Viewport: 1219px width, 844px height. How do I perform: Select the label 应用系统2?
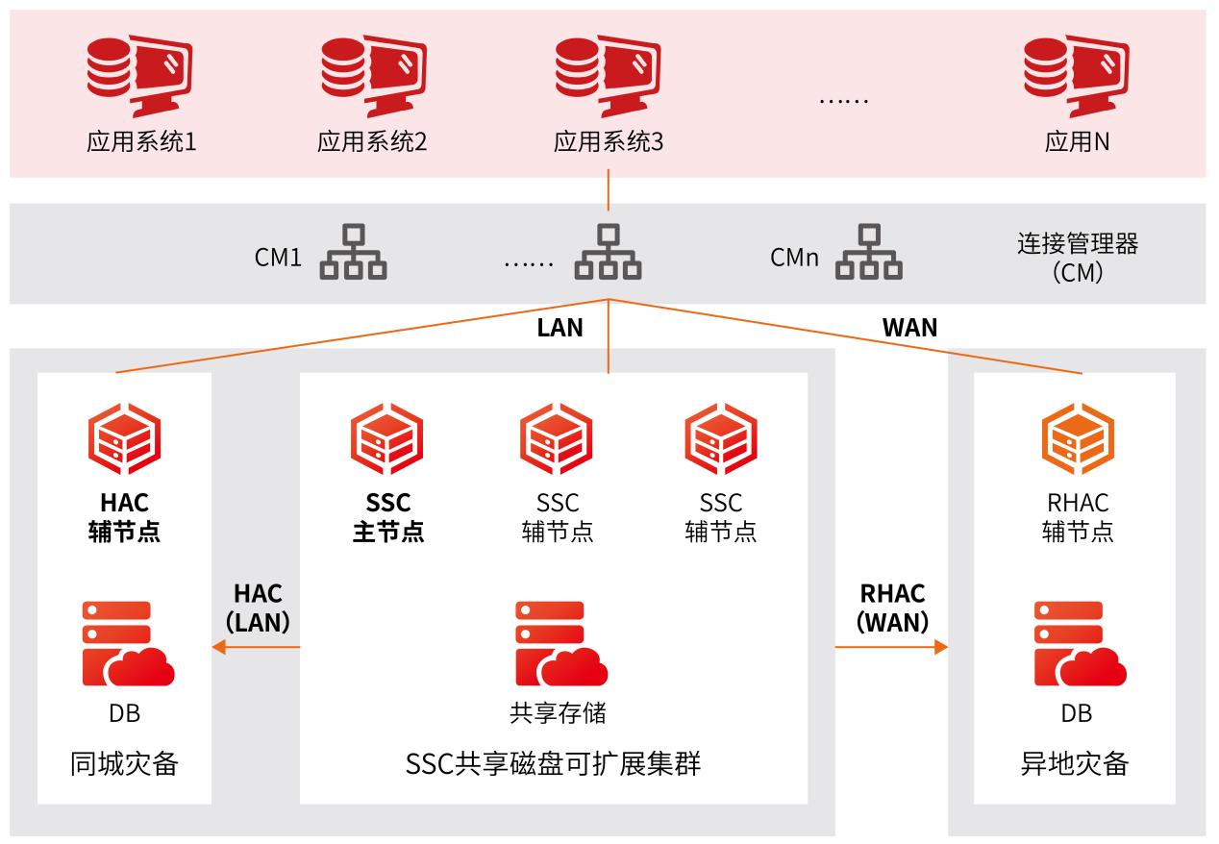tap(372, 143)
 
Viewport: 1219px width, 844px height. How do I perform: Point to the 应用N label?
tap(1077, 143)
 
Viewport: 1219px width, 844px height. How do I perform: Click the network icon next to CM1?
tap(353, 252)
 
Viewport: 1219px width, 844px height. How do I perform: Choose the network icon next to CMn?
tap(869, 252)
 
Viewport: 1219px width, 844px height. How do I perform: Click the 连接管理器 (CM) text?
tap(1077, 258)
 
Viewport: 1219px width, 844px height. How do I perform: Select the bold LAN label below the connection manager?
tap(560, 328)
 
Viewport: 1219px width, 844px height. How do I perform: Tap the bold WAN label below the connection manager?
tap(909, 328)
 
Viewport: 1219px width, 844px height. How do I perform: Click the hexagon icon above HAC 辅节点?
tap(124, 440)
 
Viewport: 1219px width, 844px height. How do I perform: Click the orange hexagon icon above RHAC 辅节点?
tap(1078, 440)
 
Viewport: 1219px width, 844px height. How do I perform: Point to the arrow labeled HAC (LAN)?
tap(256, 647)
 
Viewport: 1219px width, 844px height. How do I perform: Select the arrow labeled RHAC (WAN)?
tap(891, 647)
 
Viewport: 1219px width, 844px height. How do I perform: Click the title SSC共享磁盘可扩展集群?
tap(553, 764)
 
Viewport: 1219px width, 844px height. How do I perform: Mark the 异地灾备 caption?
tap(1074, 764)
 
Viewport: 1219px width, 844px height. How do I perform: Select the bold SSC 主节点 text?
tap(387, 517)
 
